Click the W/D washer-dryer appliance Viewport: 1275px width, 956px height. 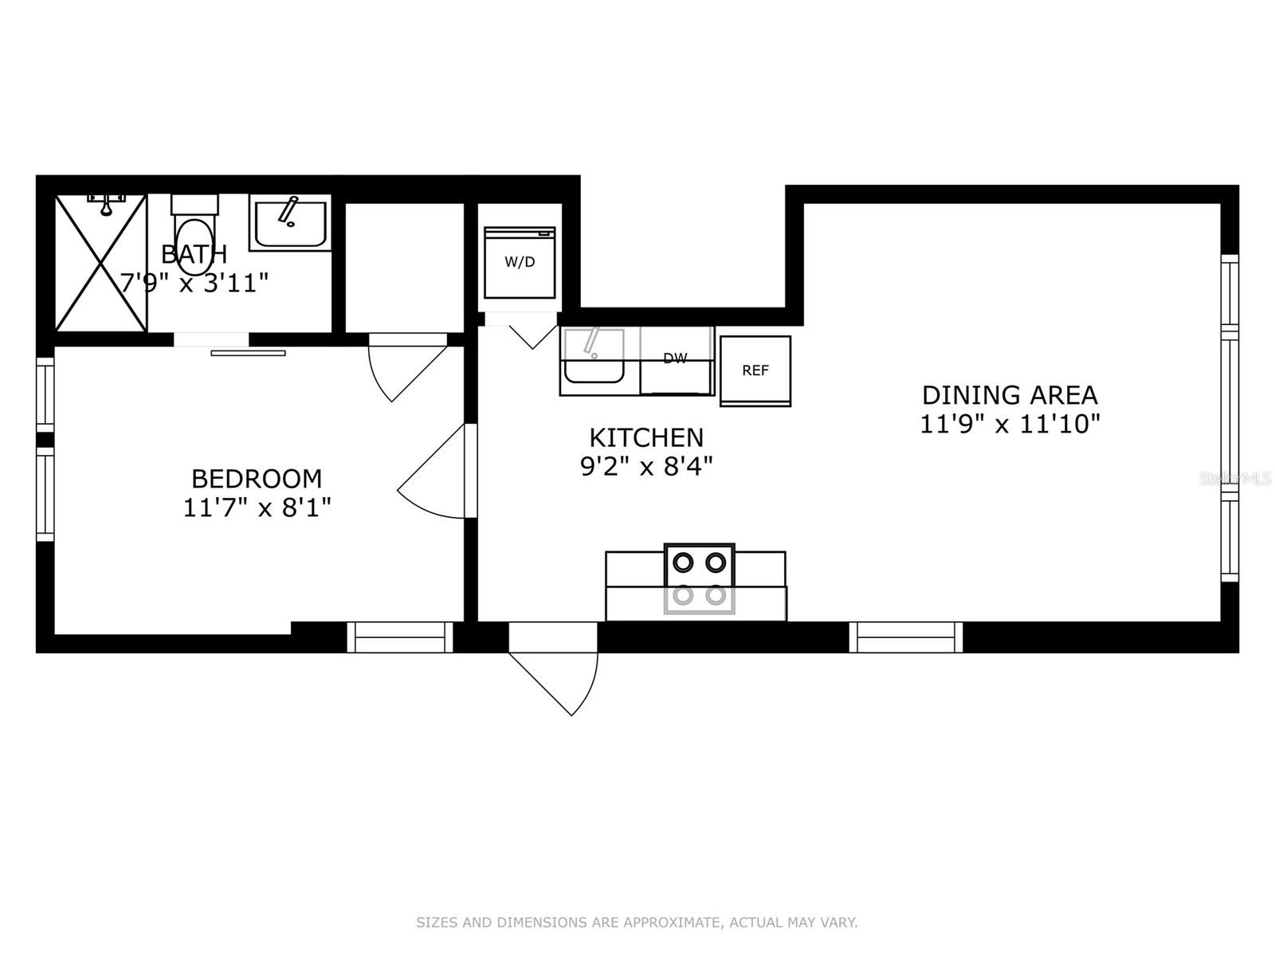520,262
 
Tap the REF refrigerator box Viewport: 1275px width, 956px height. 755,370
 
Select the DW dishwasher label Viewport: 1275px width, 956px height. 675,358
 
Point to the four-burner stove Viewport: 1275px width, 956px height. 700,579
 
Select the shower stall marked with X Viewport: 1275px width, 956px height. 100,263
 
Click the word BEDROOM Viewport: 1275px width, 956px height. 257,479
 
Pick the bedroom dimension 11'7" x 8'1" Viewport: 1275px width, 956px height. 257,507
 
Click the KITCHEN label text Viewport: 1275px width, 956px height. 646,437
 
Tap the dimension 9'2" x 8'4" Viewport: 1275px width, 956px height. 646,466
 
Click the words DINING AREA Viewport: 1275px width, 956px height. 1010,395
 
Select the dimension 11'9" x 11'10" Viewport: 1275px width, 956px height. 1010,424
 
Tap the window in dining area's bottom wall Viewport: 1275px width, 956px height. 906,637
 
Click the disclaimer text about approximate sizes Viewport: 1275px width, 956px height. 637,923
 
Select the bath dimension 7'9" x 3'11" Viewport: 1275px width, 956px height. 194,283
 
